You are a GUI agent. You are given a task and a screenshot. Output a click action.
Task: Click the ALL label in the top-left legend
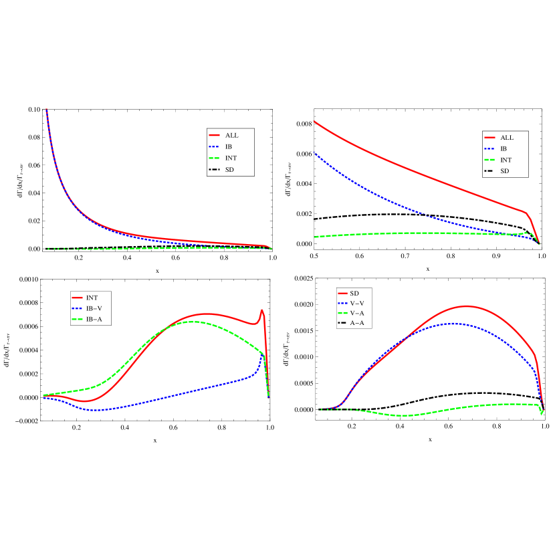tap(231, 135)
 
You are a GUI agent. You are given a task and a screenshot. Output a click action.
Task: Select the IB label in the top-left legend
tap(229, 146)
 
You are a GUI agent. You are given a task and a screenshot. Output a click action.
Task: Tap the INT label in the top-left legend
tap(231, 158)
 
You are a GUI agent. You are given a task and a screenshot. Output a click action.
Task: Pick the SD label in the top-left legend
tap(229, 170)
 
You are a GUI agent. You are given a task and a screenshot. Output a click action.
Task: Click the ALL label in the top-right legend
tap(507, 137)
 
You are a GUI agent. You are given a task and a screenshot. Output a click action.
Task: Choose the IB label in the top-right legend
tap(504, 148)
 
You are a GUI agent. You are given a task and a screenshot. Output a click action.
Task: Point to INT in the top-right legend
tap(506, 160)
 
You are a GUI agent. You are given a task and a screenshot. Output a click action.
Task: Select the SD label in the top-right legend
tap(504, 172)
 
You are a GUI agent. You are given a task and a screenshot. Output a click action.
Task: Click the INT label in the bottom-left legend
tap(92, 297)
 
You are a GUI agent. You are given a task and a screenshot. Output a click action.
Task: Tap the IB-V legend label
tap(94, 308)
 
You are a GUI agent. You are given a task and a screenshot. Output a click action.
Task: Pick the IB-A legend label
tap(94, 320)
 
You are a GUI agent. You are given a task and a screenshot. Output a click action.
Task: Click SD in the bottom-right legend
tap(354, 294)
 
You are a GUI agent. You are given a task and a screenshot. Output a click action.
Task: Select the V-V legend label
tap(357, 304)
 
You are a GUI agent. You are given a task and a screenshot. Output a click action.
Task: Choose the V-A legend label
tap(357, 314)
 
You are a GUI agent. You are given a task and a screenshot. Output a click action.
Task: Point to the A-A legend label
tap(357, 324)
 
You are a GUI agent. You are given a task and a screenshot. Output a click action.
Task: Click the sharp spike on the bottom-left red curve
tap(262, 310)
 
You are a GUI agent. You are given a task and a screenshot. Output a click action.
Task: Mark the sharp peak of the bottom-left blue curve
tap(263, 355)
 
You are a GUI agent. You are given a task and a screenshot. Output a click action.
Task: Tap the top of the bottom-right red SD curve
tap(466, 306)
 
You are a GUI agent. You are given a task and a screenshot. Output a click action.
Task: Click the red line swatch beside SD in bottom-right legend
tap(342, 294)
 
